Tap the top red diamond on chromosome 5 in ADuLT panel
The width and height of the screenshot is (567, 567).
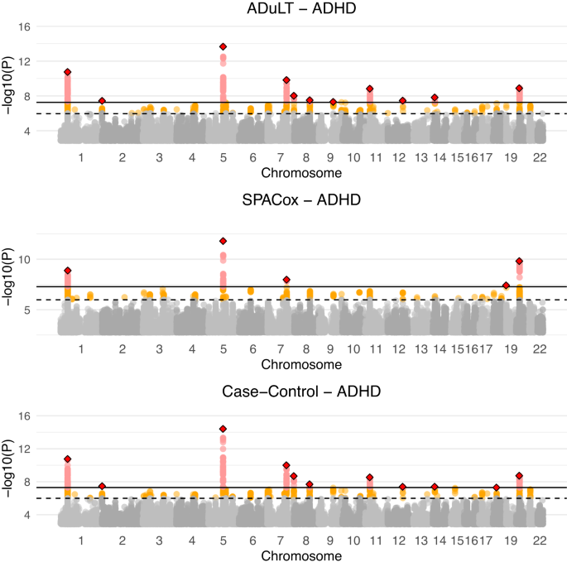click(223, 46)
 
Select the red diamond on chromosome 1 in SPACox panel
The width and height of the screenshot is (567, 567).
click(68, 271)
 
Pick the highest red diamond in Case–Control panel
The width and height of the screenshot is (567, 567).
click(223, 429)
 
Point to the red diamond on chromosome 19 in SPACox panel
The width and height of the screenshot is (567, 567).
click(519, 262)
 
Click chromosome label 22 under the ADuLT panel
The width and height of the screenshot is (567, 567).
click(540, 158)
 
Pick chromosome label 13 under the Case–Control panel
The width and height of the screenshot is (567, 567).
click(422, 541)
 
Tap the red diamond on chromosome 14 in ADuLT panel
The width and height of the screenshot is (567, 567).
click(435, 98)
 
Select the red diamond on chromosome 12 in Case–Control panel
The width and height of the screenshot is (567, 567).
click(403, 487)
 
